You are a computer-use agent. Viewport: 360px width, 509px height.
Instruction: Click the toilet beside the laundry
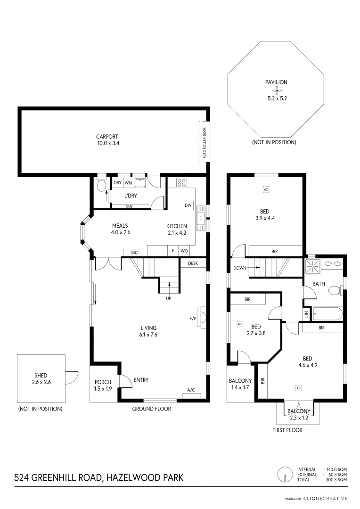[x=101, y=186]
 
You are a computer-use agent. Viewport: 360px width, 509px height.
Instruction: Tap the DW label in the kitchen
[x=188, y=205]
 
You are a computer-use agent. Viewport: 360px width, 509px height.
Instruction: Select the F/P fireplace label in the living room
[x=193, y=319]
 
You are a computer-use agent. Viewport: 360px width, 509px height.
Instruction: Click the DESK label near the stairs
[x=193, y=263]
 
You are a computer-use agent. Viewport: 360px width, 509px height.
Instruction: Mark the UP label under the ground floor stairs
[x=168, y=298]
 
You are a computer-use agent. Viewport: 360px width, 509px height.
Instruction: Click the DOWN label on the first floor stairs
[x=240, y=268]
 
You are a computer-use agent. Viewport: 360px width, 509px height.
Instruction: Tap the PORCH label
[x=103, y=382]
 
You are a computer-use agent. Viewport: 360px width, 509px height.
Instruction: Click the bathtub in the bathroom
[x=327, y=313]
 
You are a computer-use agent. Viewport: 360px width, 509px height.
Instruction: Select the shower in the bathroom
[x=312, y=266]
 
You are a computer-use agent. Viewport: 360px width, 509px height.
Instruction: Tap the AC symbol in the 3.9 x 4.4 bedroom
[x=265, y=189]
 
